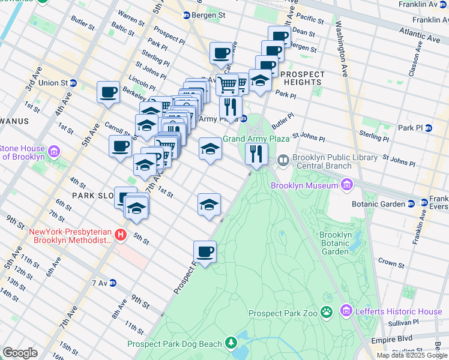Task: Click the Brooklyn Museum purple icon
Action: coord(346,185)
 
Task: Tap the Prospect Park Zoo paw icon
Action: coord(327,311)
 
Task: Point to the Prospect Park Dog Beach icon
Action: coord(231,343)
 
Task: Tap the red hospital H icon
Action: coord(121,235)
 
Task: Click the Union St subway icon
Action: coord(73,83)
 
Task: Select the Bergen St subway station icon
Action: coord(186,15)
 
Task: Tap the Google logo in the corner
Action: coord(20,352)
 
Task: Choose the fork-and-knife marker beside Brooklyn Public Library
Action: coord(257,154)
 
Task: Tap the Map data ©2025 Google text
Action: coord(411,355)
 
